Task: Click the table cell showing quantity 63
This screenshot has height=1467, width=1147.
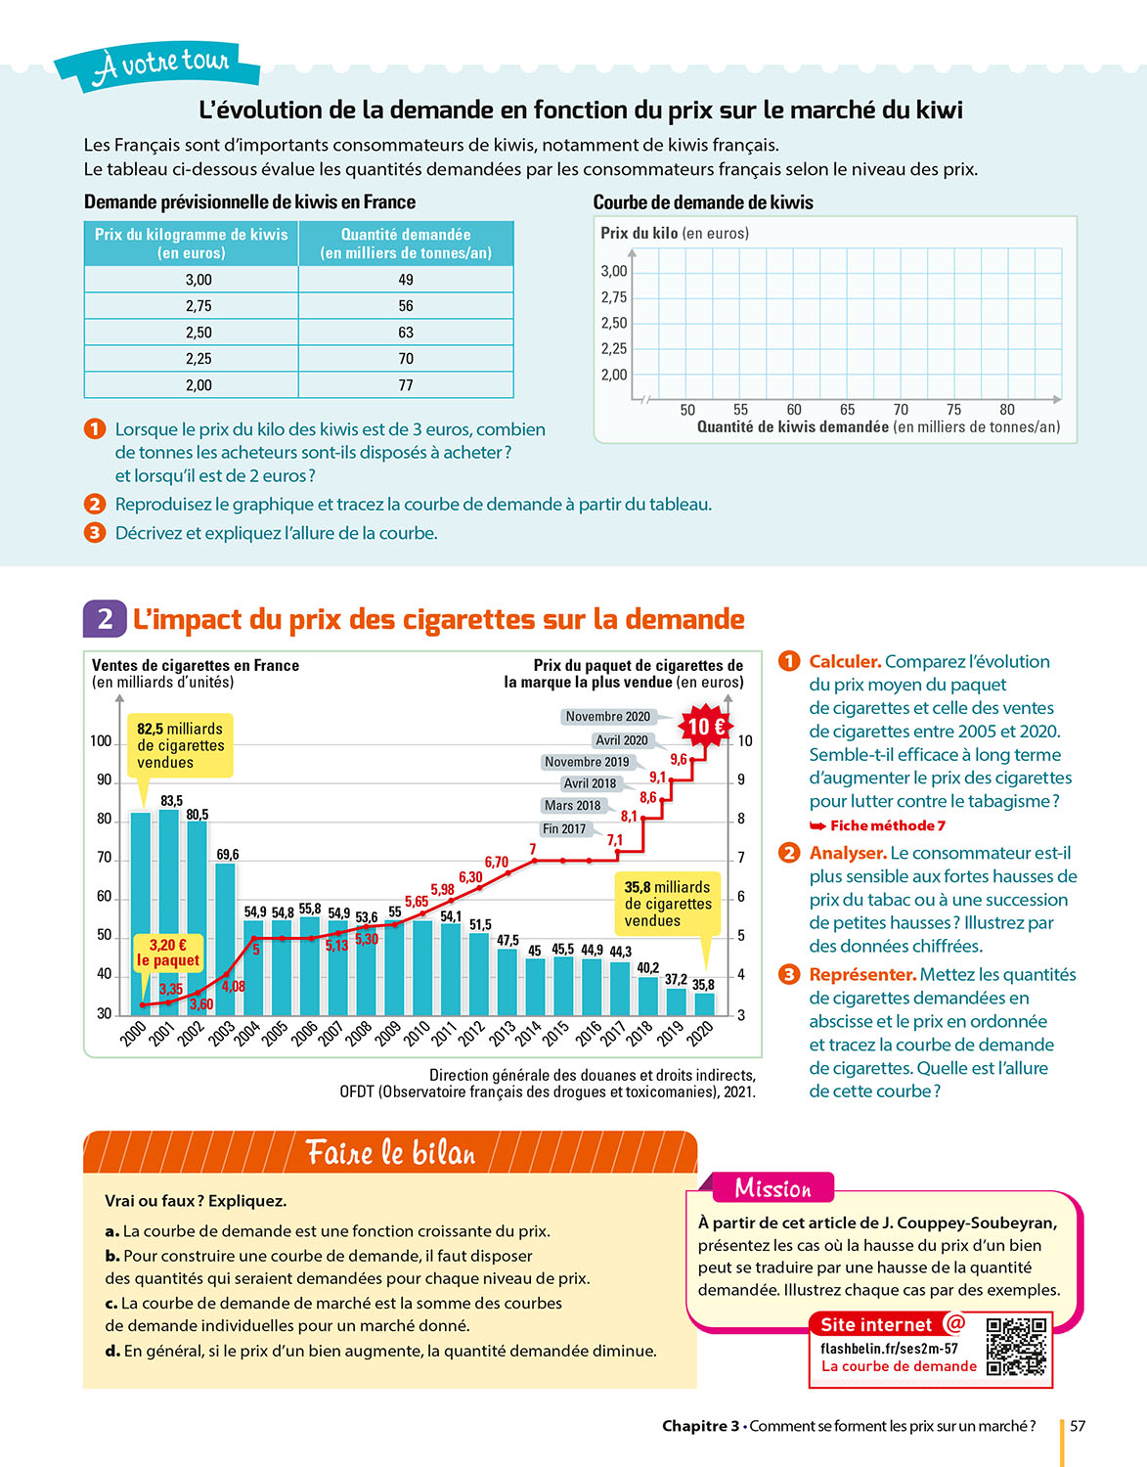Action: click(x=406, y=333)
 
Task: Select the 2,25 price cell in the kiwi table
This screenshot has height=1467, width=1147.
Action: click(x=199, y=359)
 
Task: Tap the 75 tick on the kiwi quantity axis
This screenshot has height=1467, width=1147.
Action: click(x=953, y=410)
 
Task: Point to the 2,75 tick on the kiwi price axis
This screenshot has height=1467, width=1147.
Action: click(x=614, y=297)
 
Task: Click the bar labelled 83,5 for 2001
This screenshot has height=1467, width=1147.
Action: click(x=169, y=910)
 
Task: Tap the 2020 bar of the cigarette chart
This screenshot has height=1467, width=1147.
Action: click(x=704, y=1003)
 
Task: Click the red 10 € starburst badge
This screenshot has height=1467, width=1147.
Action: click(x=705, y=727)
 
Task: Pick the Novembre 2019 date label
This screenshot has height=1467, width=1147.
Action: click(x=587, y=762)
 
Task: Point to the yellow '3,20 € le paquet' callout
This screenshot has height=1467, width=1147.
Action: click(x=168, y=953)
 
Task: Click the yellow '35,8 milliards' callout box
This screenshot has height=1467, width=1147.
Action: click(x=668, y=903)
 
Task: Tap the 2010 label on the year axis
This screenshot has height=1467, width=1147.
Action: click(x=416, y=1034)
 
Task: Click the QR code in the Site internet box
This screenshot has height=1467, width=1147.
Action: click(x=1016, y=1347)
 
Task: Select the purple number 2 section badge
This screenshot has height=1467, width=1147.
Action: click(x=105, y=619)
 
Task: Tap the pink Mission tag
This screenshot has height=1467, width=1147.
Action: click(x=772, y=1188)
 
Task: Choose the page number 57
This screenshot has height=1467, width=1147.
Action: click(x=1078, y=1426)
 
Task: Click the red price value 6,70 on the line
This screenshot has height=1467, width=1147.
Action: click(x=497, y=862)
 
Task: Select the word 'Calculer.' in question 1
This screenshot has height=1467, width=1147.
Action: click(x=845, y=662)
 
